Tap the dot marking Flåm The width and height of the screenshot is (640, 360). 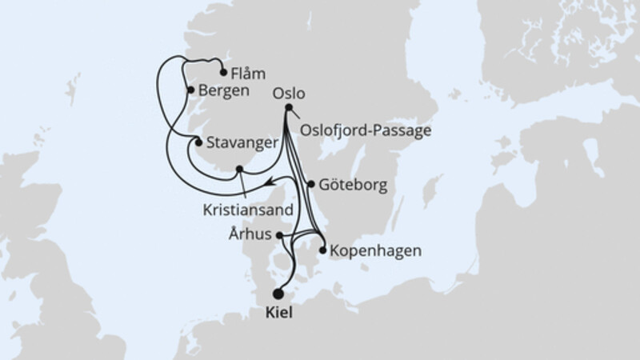point(223,70)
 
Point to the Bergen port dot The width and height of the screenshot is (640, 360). point(190,90)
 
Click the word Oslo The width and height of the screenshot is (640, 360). point(289,93)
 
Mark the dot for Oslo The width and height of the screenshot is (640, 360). point(288,108)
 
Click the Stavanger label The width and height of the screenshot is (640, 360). point(242,145)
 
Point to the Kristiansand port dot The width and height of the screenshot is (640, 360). point(239,169)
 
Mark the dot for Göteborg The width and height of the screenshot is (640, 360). point(310,184)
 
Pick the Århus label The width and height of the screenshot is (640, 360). point(250,235)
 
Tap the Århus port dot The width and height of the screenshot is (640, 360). point(278,235)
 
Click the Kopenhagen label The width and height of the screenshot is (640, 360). point(374,251)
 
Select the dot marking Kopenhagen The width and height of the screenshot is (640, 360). point(323,250)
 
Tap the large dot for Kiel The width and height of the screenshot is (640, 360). point(278,294)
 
